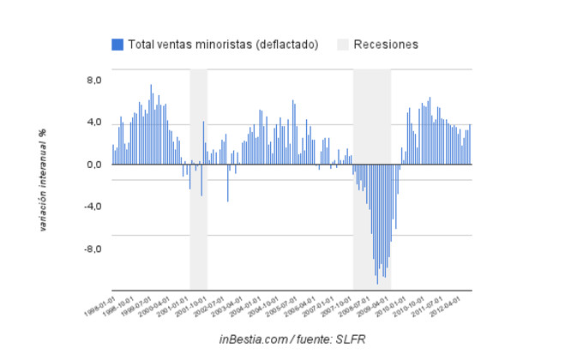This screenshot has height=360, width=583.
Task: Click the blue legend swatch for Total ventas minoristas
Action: tap(117, 45)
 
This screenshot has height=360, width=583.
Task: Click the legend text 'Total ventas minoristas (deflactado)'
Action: tap(223, 45)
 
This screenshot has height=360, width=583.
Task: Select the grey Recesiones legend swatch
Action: tap(342, 45)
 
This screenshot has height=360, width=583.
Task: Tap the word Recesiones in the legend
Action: tap(386, 45)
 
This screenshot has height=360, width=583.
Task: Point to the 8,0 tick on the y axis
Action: tap(92, 81)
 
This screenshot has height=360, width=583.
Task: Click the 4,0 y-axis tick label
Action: tap(92, 123)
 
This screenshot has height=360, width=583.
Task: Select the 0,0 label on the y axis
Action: tap(92, 165)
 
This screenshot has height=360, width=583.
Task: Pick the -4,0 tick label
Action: tap(90, 207)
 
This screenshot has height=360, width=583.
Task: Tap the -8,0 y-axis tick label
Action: tap(90, 249)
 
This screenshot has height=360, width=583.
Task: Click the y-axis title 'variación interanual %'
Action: tap(43, 179)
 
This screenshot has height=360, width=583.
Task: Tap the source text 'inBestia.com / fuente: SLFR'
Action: tap(292, 340)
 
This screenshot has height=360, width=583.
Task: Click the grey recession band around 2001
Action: tap(198, 223)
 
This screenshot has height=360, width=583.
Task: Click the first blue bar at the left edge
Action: tap(112, 154)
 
